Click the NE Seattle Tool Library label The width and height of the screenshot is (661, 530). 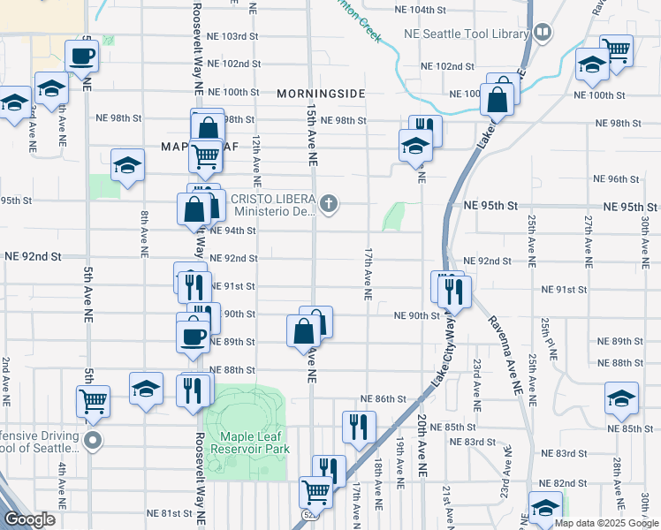[x=466, y=34]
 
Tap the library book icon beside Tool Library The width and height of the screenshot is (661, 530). [x=542, y=34]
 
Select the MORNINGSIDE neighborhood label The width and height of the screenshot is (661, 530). [x=320, y=93]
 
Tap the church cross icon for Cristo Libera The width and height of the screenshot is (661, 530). [x=329, y=205]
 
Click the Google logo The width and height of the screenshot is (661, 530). [x=29, y=519]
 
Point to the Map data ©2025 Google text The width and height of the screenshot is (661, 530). [x=606, y=523]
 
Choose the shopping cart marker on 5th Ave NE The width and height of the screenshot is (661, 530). [x=93, y=402]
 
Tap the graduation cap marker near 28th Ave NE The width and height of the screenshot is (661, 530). [x=622, y=398]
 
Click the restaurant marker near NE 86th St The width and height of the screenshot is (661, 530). [x=360, y=428]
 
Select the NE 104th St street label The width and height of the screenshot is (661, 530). [x=439, y=10]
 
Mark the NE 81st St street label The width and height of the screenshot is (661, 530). [x=169, y=513]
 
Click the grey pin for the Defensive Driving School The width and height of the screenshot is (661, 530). [x=93, y=439]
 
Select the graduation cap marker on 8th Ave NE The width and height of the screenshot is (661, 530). [x=128, y=165]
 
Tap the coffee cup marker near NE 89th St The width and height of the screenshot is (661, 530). [x=194, y=336]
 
